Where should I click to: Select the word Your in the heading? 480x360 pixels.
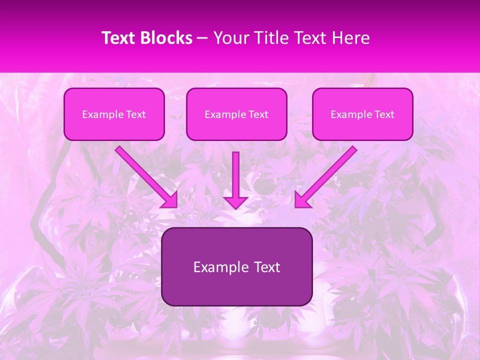pyautogui.click(x=232, y=38)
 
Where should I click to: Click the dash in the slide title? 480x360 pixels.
pyautogui.click(x=203, y=38)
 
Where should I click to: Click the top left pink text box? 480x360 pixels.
pyautogui.click(x=114, y=114)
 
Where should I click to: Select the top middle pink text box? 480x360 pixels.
pyautogui.click(x=236, y=114)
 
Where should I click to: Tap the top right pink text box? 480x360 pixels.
pyautogui.click(x=362, y=114)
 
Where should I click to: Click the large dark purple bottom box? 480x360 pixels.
pyautogui.click(x=236, y=266)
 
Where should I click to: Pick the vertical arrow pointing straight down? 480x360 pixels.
pyautogui.click(x=235, y=177)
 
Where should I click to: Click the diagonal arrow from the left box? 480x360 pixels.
pyautogui.click(x=145, y=175)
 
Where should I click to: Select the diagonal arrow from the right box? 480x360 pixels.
pyautogui.click(x=327, y=175)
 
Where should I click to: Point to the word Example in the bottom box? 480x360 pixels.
pyautogui.click(x=220, y=267)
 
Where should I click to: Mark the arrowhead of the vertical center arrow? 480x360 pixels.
pyautogui.click(x=235, y=202)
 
